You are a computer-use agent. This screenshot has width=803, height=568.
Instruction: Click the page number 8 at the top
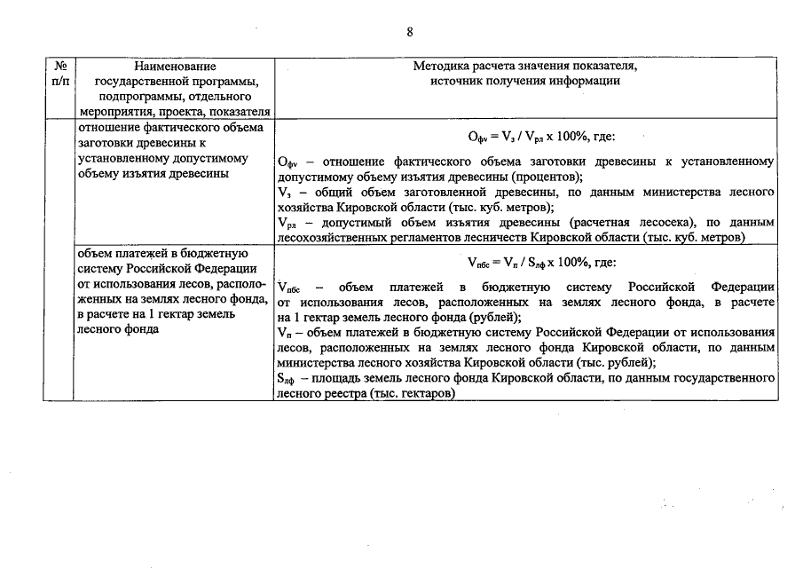pyautogui.click(x=410, y=32)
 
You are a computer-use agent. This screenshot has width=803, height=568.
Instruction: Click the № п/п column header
pyautogui.click(x=61, y=74)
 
